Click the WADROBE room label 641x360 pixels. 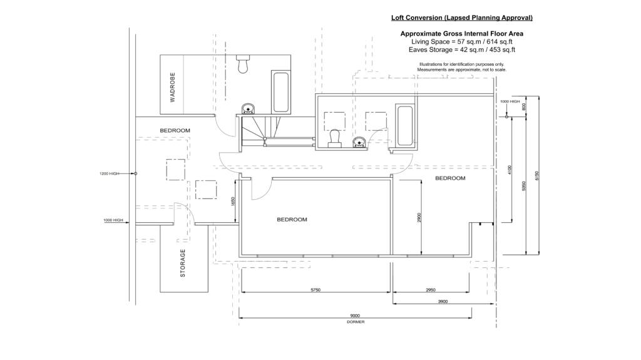click(x=172, y=86)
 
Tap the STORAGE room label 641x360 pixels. click(x=183, y=263)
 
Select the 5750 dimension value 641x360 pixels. click(x=316, y=290)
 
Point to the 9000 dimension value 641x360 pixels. click(x=355, y=316)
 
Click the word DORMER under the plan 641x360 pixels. click(x=355, y=322)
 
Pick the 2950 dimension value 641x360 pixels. click(x=431, y=290)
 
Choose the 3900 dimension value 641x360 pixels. click(x=443, y=301)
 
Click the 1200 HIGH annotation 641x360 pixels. click(x=109, y=173)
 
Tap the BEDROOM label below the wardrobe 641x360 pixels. click(x=175, y=130)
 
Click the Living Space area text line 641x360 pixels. click(x=462, y=41)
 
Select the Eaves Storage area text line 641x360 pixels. click(x=462, y=49)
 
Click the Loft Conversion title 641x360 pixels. click(x=462, y=18)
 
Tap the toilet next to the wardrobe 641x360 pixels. click(x=243, y=63)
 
